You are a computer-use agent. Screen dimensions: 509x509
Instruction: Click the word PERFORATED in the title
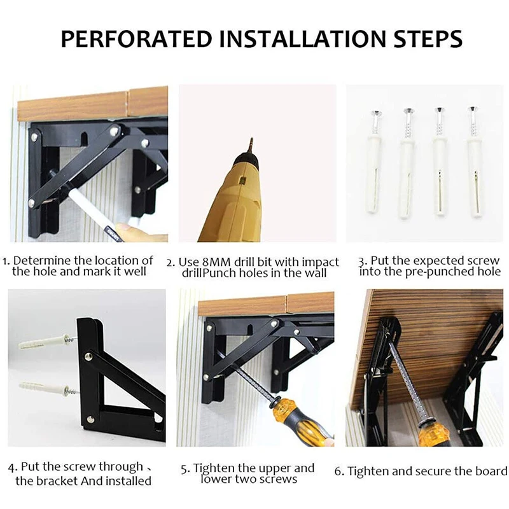click(x=137, y=39)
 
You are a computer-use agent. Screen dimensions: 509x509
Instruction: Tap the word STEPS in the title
click(x=428, y=39)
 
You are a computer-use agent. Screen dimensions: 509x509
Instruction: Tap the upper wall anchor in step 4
click(x=48, y=342)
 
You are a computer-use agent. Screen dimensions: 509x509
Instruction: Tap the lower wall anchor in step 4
click(x=49, y=389)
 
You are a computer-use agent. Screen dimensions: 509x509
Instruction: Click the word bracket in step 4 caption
click(x=55, y=481)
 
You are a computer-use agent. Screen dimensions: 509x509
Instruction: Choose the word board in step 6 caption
click(x=491, y=471)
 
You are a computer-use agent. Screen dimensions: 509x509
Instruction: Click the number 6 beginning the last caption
click(x=338, y=471)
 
